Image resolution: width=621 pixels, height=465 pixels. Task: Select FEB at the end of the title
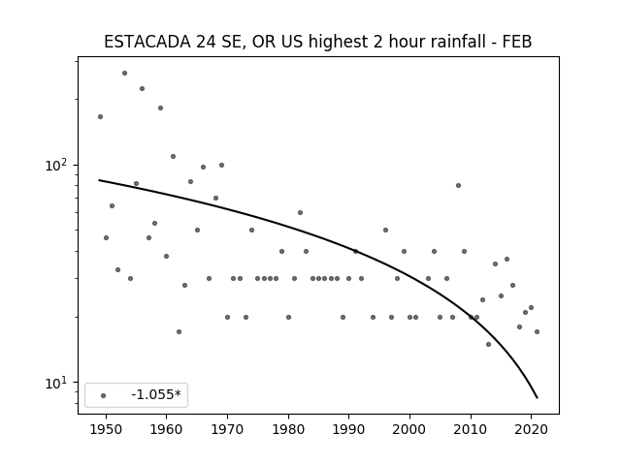pyautogui.click(x=517, y=42)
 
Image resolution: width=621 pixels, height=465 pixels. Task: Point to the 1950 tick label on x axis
pyautogui.click(x=106, y=429)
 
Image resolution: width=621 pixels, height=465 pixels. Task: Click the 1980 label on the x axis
pyautogui.click(x=288, y=429)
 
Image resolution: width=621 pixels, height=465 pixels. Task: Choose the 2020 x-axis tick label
pyautogui.click(x=531, y=429)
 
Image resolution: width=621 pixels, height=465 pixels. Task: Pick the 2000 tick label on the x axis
pyautogui.click(x=409, y=429)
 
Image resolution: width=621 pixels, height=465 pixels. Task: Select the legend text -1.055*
pyautogui.click(x=156, y=394)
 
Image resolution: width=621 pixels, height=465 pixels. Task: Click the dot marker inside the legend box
pyautogui.click(x=104, y=395)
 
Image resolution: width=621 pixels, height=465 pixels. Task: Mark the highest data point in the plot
pyautogui.click(x=124, y=74)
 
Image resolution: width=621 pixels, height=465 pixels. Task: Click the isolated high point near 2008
pyautogui.click(x=458, y=185)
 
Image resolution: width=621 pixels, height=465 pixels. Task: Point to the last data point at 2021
pyautogui.click(x=537, y=331)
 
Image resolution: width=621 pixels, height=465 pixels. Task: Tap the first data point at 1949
pyautogui.click(x=100, y=116)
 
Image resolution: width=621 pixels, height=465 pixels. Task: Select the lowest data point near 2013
pyautogui.click(x=488, y=345)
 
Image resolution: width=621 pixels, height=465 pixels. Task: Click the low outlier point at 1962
pyautogui.click(x=179, y=331)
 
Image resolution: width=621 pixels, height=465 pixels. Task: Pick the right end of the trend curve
pyautogui.click(x=537, y=398)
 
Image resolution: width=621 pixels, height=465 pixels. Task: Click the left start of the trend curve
pyautogui.click(x=99, y=180)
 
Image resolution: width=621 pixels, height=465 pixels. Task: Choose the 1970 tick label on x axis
pyautogui.click(x=227, y=429)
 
